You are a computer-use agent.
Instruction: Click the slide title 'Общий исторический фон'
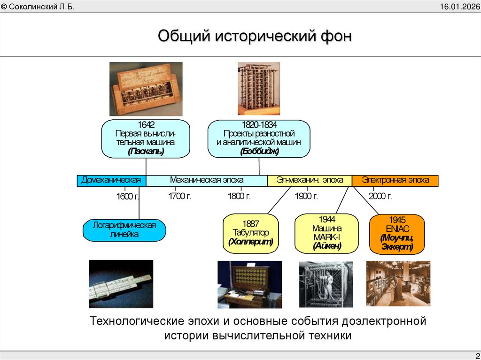[254, 37]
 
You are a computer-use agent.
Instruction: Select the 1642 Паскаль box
[146, 138]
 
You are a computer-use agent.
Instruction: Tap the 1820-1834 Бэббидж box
[259, 138]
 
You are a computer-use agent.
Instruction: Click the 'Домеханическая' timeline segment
[111, 180]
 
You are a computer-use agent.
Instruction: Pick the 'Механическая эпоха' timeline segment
[207, 180]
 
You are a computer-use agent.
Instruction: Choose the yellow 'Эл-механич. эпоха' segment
[309, 180]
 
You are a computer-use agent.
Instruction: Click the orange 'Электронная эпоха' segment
[395, 180]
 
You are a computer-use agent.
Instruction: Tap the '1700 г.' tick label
[180, 196]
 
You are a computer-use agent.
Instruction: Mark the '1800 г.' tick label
[239, 196]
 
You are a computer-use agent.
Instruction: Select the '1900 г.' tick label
[307, 196]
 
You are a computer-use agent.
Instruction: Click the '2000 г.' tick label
[380, 196]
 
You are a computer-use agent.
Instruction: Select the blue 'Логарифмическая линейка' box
[124, 230]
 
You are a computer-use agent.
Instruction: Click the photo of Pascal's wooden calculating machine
[146, 89]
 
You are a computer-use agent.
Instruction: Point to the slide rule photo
[121, 283]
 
